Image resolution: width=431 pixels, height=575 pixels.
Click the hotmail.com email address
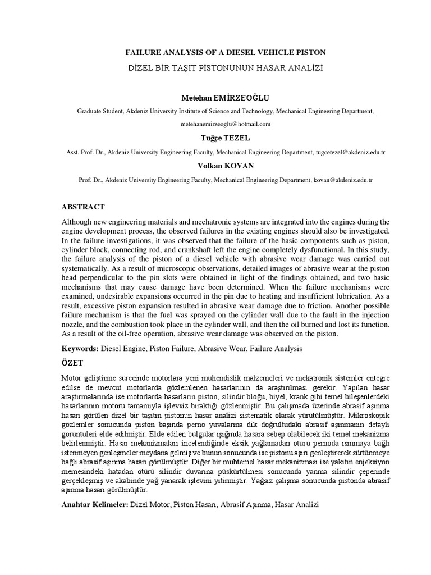coord(225,124)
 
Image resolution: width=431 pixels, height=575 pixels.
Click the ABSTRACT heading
coord(83,207)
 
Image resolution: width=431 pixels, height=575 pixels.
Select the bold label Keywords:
coord(80,349)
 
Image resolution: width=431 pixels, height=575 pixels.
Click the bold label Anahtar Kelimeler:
coord(94,505)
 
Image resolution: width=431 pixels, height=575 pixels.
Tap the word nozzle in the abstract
coord(74,325)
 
